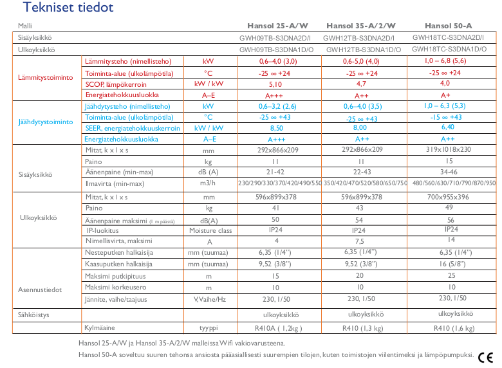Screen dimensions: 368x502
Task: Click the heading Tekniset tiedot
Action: click(x=59, y=8)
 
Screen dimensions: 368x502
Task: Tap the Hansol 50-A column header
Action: click(x=449, y=26)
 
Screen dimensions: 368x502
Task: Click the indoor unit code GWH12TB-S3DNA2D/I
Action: click(x=364, y=37)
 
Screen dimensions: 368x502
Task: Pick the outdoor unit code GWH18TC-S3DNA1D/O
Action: click(x=449, y=48)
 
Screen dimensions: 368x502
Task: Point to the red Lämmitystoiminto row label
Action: click(x=45, y=78)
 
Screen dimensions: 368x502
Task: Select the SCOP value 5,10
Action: click(x=275, y=84)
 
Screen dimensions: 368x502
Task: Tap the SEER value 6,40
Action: click(x=448, y=127)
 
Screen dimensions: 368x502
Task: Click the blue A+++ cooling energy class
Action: click(x=275, y=139)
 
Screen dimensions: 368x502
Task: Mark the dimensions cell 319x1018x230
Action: click(x=448, y=149)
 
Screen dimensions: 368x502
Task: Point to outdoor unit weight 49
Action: click(x=449, y=208)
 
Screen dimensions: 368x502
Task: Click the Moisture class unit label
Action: click(x=210, y=230)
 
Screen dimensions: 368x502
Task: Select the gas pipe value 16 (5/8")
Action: click(x=448, y=264)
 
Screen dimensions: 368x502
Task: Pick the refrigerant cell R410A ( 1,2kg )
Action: click(x=277, y=328)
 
